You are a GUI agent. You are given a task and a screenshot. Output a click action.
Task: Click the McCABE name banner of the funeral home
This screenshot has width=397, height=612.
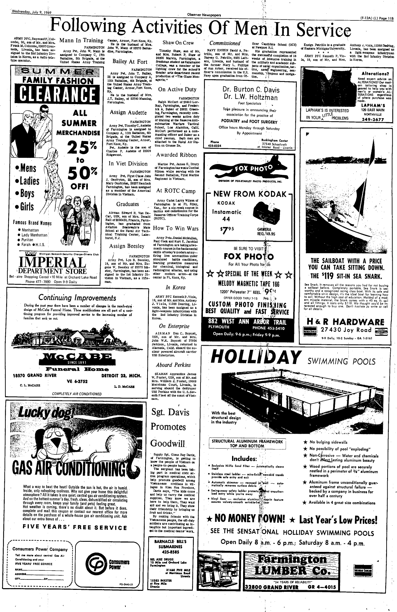pos(74,358)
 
